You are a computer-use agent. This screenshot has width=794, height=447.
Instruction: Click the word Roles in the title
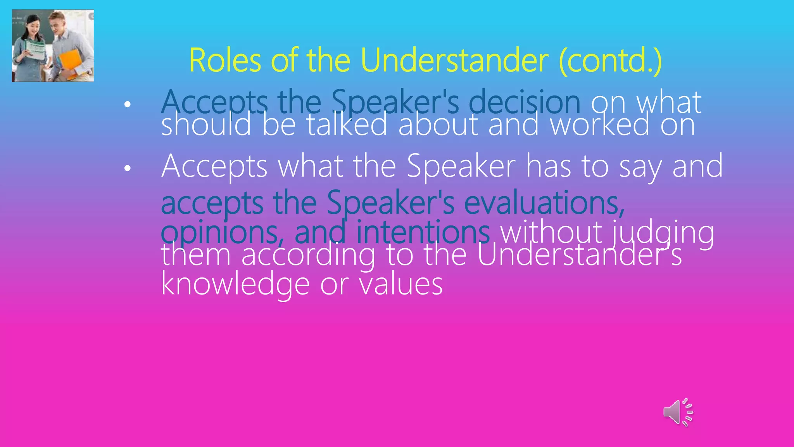[x=225, y=61]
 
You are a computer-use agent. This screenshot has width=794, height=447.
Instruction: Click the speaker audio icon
[x=678, y=412]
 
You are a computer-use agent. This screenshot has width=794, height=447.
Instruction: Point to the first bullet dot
[x=127, y=104]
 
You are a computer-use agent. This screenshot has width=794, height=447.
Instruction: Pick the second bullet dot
[x=127, y=168]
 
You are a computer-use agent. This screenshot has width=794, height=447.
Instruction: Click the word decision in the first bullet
[x=525, y=102]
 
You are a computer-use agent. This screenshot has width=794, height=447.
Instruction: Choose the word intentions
[x=423, y=232]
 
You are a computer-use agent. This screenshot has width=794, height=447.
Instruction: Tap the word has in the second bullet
[x=548, y=166]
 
